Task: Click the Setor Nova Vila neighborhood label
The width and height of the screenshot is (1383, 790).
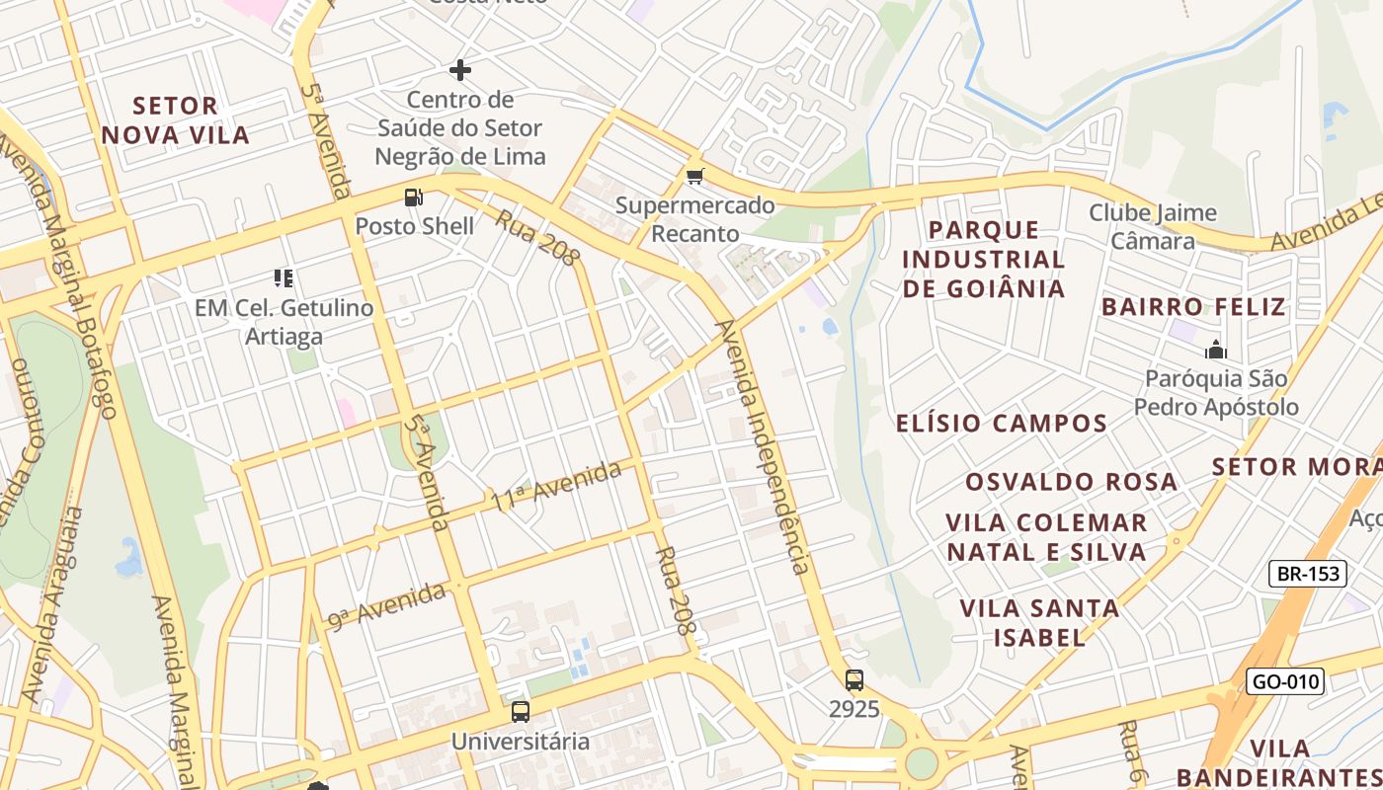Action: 175,119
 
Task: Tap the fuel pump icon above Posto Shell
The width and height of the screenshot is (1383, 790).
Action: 414,197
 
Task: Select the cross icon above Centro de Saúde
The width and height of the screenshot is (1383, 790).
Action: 460,70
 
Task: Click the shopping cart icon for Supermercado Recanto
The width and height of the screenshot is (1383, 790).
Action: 695,177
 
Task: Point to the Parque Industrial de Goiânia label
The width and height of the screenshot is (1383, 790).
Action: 983,260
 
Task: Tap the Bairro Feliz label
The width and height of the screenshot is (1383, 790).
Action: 1193,306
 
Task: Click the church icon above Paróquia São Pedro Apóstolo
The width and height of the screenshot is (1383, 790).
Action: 1215,350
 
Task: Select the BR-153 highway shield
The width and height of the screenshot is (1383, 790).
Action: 1308,574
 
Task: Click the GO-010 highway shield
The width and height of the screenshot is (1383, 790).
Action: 1284,681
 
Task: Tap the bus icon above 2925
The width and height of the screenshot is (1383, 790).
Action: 854,680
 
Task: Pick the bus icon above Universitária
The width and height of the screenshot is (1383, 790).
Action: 521,711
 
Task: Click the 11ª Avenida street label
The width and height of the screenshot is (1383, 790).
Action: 557,486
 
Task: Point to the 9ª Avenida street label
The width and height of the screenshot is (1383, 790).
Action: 387,605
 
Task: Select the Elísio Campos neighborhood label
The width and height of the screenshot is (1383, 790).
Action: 1001,424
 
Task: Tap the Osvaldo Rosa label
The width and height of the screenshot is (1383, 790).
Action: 1071,482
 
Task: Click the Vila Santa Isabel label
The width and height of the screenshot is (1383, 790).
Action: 1039,622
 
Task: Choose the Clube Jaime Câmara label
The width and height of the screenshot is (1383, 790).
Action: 1153,227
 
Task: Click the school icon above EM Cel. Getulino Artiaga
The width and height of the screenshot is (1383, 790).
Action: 284,278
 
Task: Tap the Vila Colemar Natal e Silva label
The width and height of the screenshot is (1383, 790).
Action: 1046,537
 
